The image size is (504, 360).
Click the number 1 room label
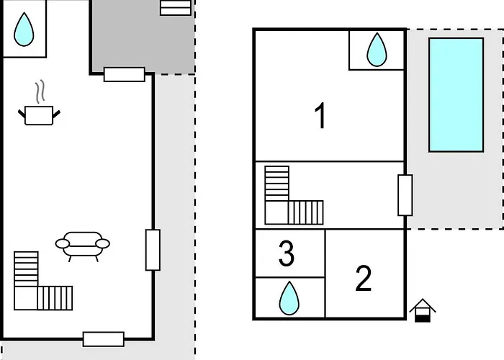[x=320, y=116]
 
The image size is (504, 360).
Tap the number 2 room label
[x=364, y=279]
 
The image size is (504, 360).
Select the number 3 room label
[x=287, y=254]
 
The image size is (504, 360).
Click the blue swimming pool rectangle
[x=456, y=95]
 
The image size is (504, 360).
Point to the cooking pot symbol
[x=39, y=115]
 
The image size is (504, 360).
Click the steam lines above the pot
[x=40, y=91]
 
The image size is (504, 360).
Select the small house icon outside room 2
[x=423, y=310]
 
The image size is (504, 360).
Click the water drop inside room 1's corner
[x=377, y=50]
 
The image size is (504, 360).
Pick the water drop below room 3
[x=289, y=299]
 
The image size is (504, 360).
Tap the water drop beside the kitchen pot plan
[x=24, y=30]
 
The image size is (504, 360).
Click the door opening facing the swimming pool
[x=405, y=195]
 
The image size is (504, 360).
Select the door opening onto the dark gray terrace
[x=125, y=74]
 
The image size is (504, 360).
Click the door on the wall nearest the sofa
[x=153, y=250]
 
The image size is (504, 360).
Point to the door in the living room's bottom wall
[x=104, y=339]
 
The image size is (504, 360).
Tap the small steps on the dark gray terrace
[x=176, y=8]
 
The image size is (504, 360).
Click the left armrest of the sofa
[x=63, y=243]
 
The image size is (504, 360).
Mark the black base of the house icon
[x=423, y=319]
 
